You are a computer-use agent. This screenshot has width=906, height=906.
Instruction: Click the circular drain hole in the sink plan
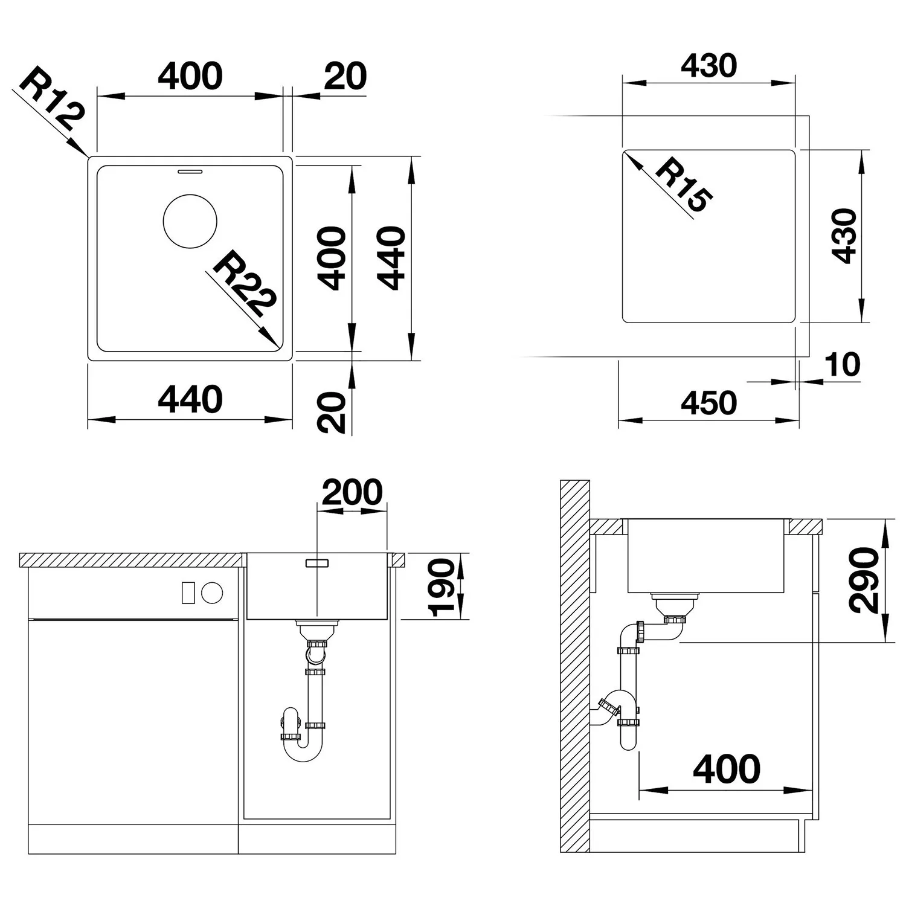click(x=190, y=221)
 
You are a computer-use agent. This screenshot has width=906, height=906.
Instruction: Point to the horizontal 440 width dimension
click(x=190, y=400)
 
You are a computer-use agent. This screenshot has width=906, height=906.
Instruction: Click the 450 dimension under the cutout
click(x=709, y=403)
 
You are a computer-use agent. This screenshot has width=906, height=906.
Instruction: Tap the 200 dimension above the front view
click(x=352, y=492)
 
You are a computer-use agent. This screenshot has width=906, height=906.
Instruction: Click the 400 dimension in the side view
click(x=727, y=769)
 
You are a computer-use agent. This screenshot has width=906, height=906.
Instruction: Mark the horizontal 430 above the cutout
click(x=709, y=66)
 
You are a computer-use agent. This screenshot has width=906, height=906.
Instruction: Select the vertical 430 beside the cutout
click(x=844, y=236)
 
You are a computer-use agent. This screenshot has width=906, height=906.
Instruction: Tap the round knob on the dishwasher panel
click(x=212, y=593)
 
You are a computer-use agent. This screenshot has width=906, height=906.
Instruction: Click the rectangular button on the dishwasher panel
click(x=188, y=593)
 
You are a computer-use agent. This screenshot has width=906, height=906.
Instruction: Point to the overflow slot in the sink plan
click(x=190, y=171)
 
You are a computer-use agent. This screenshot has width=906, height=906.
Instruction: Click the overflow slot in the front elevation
click(x=317, y=563)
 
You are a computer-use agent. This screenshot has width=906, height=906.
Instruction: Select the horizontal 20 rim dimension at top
click(x=345, y=77)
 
